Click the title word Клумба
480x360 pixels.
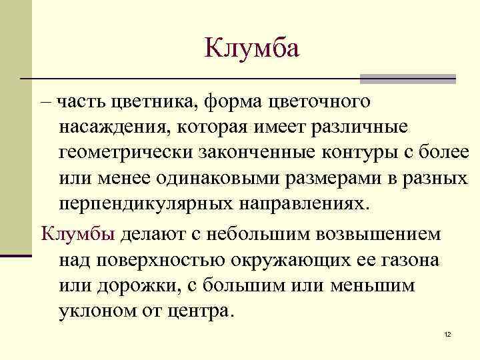(x=253, y=48)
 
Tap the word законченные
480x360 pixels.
(x=262, y=153)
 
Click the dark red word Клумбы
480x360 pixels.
(x=78, y=234)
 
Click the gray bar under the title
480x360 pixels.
(x=407, y=79)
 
